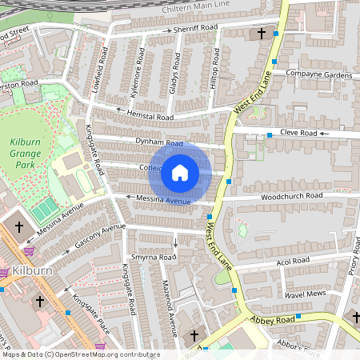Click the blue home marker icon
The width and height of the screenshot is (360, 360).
pyautogui.click(x=180, y=172)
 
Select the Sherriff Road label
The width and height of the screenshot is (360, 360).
pyautogui.click(x=195, y=28)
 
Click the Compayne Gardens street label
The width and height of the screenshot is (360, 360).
pyautogui.click(x=318, y=75)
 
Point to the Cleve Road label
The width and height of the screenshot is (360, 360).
pyautogui.click(x=299, y=133)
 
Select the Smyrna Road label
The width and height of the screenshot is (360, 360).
pyautogui.click(x=153, y=258)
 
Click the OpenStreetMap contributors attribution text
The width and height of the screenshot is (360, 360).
pyautogui.click(x=80, y=354)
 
